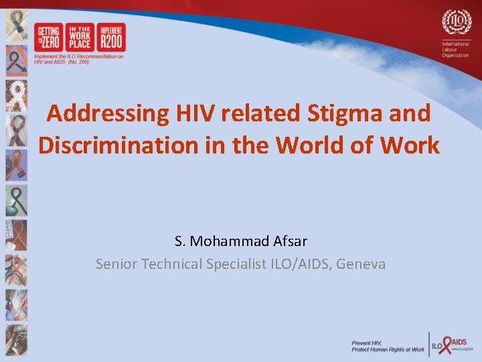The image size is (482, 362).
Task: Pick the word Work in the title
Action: click(414, 145)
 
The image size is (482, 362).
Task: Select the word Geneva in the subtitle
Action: click(361, 264)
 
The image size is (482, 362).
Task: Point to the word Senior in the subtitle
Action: click(116, 264)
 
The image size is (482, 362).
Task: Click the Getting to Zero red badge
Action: click(48, 38)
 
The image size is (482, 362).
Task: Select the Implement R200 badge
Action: click(111, 38)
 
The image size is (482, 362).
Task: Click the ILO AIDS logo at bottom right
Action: click(451, 345)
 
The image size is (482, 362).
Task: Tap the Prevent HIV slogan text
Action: click(388, 346)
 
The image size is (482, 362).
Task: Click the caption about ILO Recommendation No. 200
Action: click(79, 59)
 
